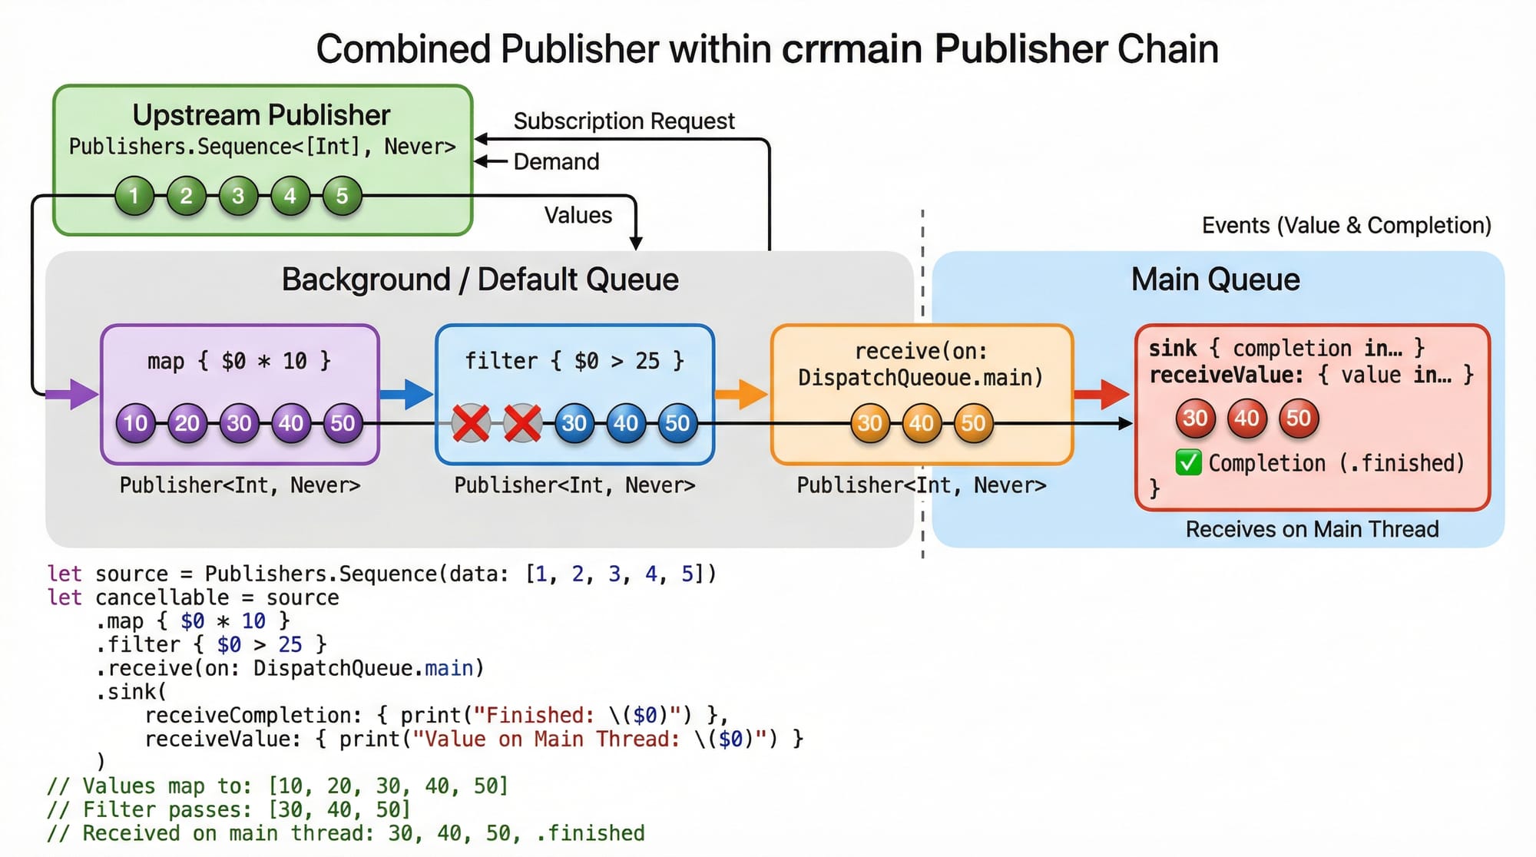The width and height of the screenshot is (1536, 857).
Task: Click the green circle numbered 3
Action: (x=238, y=196)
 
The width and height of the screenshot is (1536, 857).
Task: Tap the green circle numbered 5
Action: (x=342, y=196)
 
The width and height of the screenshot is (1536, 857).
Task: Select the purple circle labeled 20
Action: (x=187, y=423)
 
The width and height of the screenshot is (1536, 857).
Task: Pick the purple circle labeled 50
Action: (x=343, y=423)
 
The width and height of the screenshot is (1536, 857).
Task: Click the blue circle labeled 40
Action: (x=625, y=423)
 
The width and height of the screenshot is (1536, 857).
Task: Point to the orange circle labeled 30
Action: (x=869, y=423)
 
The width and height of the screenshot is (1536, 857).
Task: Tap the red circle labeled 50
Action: (x=1298, y=419)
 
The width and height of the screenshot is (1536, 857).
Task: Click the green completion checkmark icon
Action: (x=1188, y=463)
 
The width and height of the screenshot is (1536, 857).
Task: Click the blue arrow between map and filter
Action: (x=407, y=394)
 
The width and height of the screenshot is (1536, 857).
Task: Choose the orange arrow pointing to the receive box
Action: (x=741, y=394)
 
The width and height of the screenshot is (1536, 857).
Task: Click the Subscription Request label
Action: (x=624, y=121)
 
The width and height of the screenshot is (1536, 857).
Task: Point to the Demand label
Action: (x=556, y=162)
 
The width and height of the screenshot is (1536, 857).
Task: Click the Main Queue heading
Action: (x=1215, y=280)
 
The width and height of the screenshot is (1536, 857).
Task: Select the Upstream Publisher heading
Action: (x=261, y=115)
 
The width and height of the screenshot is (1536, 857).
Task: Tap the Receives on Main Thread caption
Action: (x=1312, y=529)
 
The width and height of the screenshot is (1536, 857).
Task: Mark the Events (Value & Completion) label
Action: (x=1346, y=226)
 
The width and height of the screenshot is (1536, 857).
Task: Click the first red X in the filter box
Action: (x=470, y=423)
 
